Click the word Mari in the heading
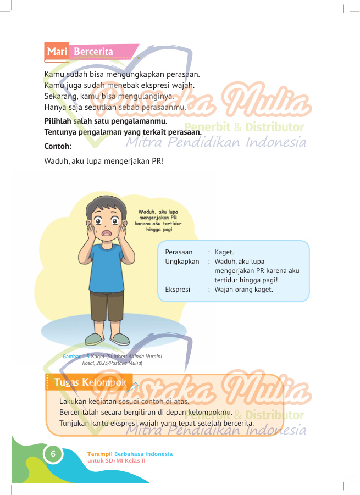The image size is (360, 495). pos(57,52)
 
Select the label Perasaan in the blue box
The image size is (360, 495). pos(179,252)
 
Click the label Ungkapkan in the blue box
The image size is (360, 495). pos(182,262)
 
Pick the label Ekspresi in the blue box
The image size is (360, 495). pos(177,290)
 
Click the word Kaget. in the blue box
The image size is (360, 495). pos(224,252)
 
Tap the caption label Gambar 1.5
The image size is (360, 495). pos(76,357)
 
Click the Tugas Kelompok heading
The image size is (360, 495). pos(90,382)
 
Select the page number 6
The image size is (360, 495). pos(53,454)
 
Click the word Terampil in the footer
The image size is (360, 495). pos(99,454)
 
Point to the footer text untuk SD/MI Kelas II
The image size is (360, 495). pos(116,460)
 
